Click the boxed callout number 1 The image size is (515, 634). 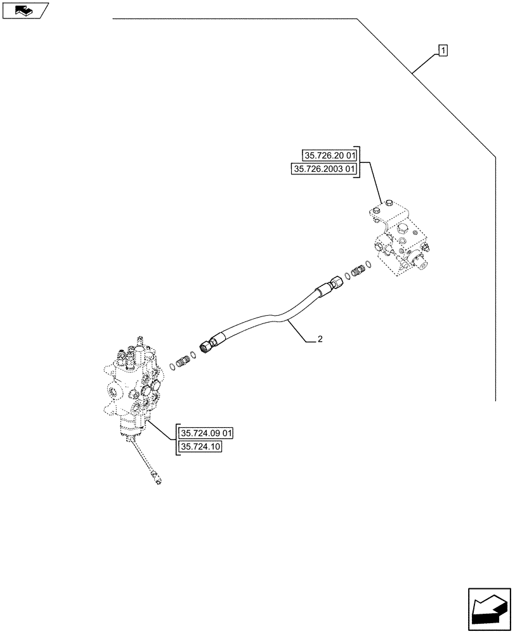(443, 50)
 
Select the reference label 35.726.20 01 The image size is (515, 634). (330, 155)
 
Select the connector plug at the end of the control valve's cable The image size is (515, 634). (157, 479)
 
